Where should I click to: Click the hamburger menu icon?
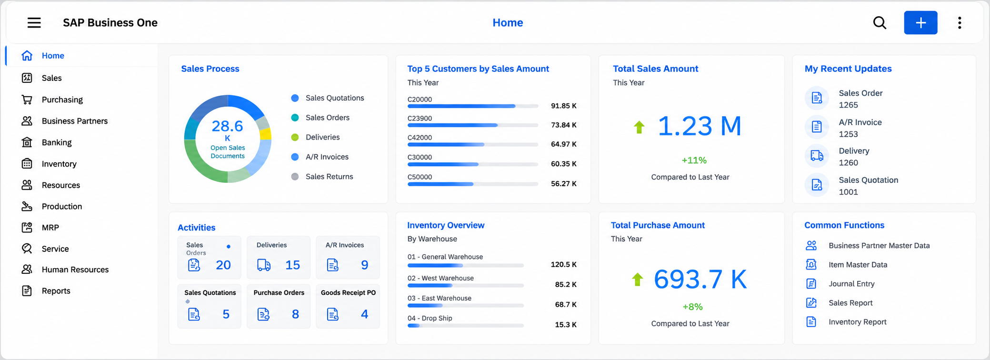(x=34, y=22)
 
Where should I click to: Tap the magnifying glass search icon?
(x=880, y=22)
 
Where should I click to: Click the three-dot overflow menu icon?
(x=960, y=22)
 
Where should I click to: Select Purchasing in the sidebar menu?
(x=62, y=100)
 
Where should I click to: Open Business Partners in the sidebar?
(x=74, y=121)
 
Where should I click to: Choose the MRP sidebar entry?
(x=50, y=228)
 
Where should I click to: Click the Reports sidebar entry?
(x=56, y=291)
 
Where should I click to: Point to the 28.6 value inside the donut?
(x=227, y=126)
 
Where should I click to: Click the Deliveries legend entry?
(x=322, y=137)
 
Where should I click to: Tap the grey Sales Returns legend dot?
(x=295, y=177)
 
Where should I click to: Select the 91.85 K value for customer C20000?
(x=564, y=106)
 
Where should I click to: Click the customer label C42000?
(x=420, y=138)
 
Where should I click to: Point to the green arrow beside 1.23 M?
(x=639, y=127)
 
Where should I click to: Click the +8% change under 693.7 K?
(x=692, y=307)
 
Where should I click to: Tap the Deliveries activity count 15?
(x=292, y=265)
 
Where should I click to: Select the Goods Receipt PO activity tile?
(x=348, y=306)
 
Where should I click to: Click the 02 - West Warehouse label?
(x=440, y=278)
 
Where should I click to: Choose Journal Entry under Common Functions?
(x=851, y=284)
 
